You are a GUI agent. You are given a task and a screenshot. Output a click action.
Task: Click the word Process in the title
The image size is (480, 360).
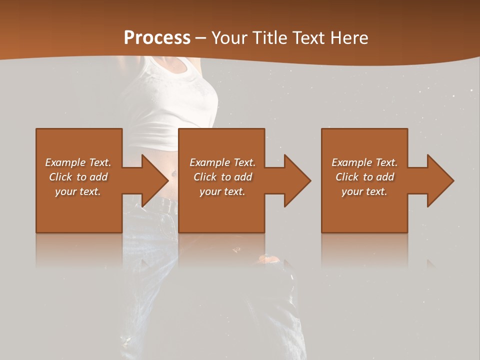click(x=157, y=37)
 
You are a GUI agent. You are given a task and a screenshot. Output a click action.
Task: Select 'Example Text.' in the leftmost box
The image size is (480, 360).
click(x=78, y=162)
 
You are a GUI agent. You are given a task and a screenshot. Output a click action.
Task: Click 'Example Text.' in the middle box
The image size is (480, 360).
click(x=222, y=162)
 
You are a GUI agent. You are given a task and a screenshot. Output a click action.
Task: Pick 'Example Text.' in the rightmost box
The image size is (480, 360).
click(x=364, y=162)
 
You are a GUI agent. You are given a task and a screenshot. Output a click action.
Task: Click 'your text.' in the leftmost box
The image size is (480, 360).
click(x=78, y=191)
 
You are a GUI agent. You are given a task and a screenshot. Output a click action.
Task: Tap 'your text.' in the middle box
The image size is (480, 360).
click(x=222, y=191)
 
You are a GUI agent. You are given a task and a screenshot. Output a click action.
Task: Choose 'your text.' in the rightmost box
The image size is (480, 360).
click(x=364, y=191)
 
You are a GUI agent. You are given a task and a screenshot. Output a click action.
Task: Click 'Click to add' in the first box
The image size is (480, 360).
click(x=78, y=177)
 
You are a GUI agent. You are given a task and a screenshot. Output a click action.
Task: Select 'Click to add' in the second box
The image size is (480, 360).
click(x=222, y=177)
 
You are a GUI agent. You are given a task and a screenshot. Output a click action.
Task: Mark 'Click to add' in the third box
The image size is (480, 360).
click(x=364, y=177)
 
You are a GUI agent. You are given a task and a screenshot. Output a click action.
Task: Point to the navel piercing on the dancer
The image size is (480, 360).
click(x=173, y=173)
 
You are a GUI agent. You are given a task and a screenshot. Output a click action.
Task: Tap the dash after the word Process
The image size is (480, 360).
click(x=200, y=38)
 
